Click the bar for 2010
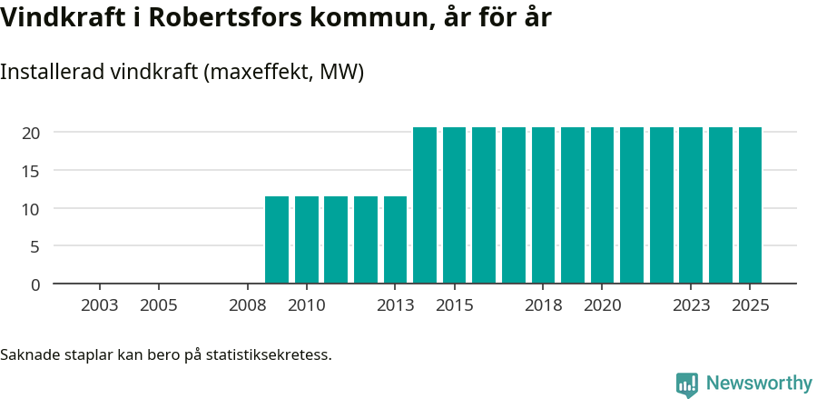point(307,240)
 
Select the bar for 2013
point(395,240)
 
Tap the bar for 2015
point(454,205)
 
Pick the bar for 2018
point(543,205)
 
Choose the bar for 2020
point(602,205)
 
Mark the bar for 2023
point(691,205)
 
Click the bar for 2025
point(750,205)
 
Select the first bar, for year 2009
point(277,240)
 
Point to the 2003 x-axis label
point(99,305)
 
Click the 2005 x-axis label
point(158,305)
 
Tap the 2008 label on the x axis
point(247,305)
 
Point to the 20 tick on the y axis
point(31,133)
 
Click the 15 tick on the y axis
point(31,171)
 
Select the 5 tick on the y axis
point(35,246)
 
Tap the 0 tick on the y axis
point(35,284)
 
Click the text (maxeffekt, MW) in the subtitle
point(285,72)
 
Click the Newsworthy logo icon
point(687,384)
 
